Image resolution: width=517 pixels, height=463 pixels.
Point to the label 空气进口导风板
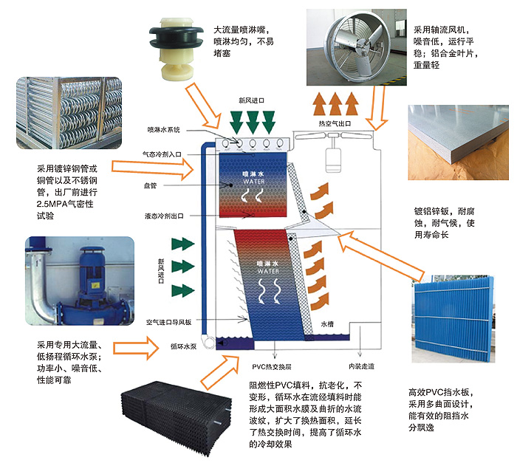point(169,323)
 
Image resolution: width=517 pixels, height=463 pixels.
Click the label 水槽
point(328,323)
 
